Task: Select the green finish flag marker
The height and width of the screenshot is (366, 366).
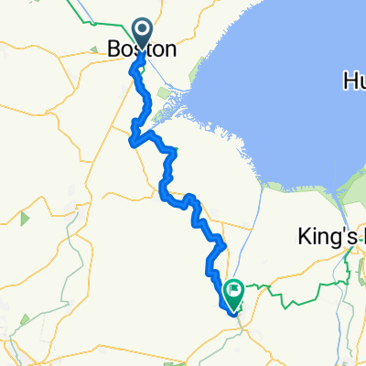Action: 233,292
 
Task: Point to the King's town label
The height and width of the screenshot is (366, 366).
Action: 329,237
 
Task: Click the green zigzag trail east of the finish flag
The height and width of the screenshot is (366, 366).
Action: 293,293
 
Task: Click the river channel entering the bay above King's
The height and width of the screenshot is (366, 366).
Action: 266,197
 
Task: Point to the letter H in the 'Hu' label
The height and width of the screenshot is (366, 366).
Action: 341,81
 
